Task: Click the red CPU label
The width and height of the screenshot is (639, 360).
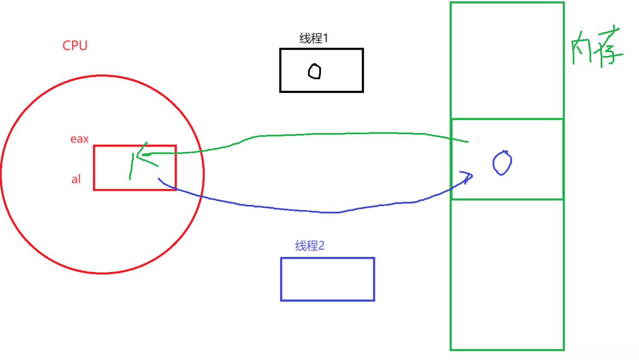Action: click(75, 46)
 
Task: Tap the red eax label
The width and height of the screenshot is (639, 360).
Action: click(80, 139)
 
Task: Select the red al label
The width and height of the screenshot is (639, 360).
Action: click(76, 179)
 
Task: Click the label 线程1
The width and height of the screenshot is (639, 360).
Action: click(313, 38)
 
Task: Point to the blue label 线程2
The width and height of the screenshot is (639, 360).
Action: click(310, 246)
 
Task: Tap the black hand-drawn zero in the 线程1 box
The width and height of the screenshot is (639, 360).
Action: click(314, 71)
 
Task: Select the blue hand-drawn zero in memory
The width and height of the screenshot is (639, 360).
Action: click(502, 163)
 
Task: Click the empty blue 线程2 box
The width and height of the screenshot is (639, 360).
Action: click(327, 279)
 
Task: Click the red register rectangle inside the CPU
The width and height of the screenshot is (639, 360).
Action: click(108, 181)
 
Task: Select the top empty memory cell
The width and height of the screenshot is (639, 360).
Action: click(507, 60)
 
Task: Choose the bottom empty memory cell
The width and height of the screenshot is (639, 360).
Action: click(507, 275)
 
